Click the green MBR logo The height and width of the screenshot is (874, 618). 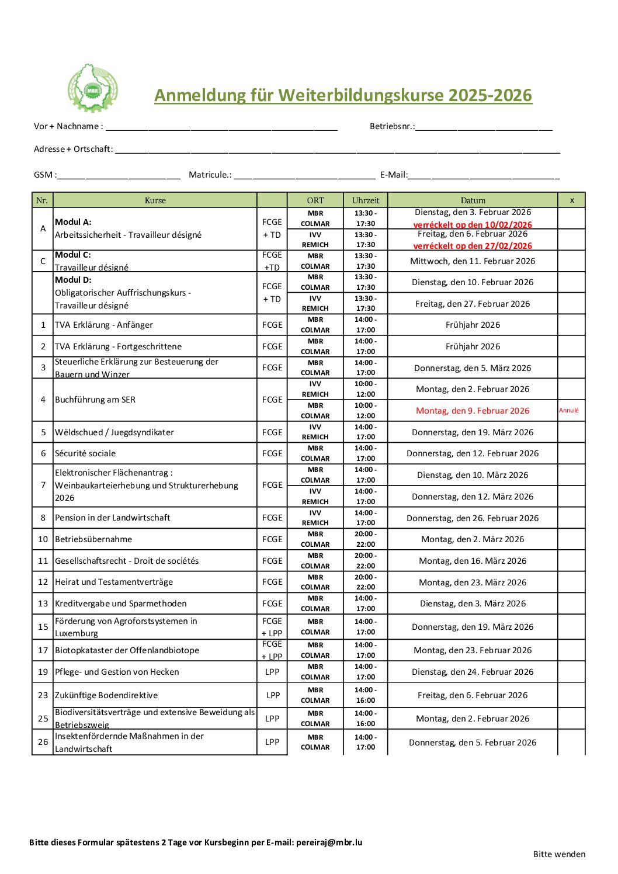click(92, 88)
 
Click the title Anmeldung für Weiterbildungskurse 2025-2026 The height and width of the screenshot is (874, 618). click(343, 95)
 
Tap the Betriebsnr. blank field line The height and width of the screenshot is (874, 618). click(484, 127)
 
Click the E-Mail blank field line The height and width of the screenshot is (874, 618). click(484, 175)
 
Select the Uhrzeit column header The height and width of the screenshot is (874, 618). click(366, 200)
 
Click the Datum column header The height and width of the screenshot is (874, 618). click(473, 200)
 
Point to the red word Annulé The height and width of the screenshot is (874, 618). click(569, 410)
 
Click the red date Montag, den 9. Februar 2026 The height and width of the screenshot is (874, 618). click(473, 411)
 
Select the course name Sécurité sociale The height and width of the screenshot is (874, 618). click(85, 453)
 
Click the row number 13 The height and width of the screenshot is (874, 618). click(43, 604)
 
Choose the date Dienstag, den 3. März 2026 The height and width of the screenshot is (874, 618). click(473, 604)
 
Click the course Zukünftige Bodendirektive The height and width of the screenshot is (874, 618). click(106, 695)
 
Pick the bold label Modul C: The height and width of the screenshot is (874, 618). click(73, 255)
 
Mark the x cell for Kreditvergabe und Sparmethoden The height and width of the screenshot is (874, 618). click(571, 604)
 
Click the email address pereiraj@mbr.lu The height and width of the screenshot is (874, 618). click(329, 842)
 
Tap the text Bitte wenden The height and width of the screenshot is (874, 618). click(559, 854)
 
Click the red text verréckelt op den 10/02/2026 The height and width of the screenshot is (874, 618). click(473, 225)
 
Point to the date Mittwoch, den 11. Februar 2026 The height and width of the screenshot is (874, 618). click(473, 261)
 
